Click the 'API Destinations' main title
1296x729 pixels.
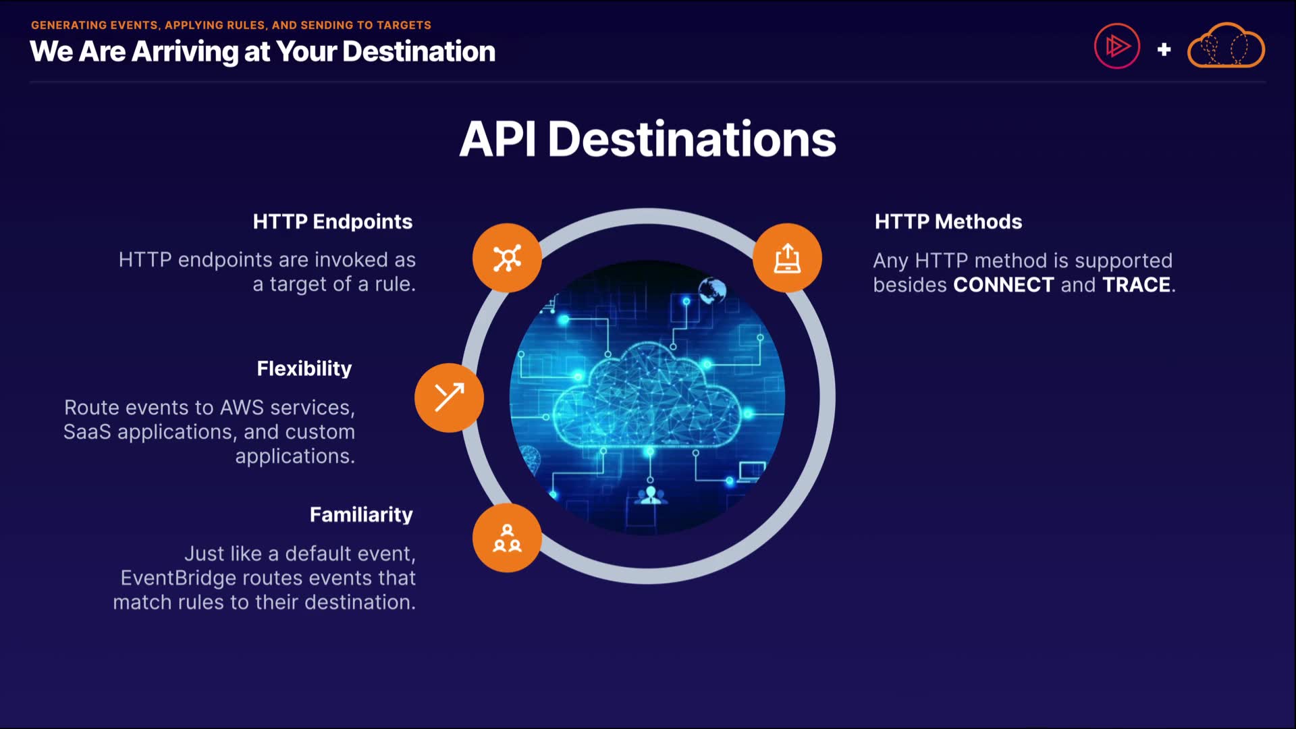coord(647,139)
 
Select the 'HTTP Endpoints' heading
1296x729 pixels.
coord(332,221)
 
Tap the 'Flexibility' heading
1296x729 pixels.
coord(304,369)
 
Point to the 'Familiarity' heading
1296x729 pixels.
coord(361,515)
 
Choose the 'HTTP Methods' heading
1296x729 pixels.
coord(948,221)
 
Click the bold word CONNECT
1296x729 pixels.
coord(1003,285)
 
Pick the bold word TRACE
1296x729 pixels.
coord(1136,285)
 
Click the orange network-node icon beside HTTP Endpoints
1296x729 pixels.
coord(507,258)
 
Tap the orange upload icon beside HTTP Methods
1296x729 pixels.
coord(787,258)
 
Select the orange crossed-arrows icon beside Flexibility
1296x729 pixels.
coord(449,398)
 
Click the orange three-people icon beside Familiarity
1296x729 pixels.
coord(507,538)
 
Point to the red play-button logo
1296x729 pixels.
coord(1117,47)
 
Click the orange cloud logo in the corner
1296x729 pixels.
coord(1226,47)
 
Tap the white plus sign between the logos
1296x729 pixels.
coord(1164,49)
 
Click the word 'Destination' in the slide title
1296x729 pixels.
coord(418,52)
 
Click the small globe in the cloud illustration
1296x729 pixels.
coord(712,291)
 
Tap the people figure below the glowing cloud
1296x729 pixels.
coord(651,495)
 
